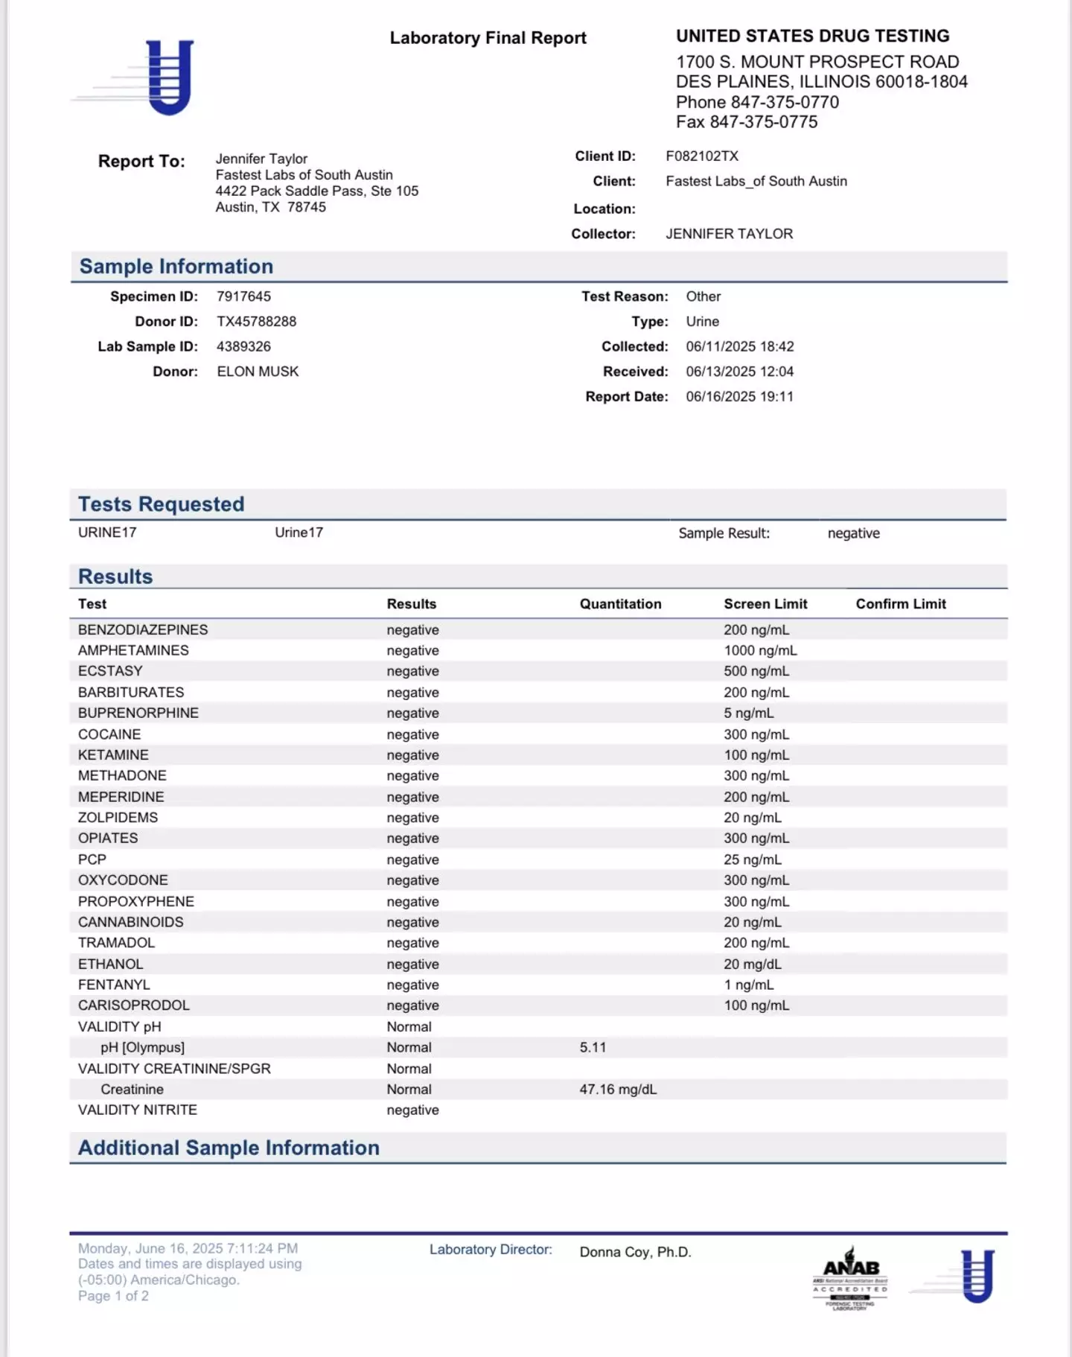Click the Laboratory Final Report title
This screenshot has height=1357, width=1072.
(x=488, y=38)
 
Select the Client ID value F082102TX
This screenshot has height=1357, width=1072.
(x=702, y=156)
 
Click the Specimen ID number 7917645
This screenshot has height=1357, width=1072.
(x=243, y=296)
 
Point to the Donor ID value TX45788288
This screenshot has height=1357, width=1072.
(x=256, y=322)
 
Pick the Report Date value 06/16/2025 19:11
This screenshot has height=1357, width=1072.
(x=739, y=397)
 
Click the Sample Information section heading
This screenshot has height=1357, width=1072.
(x=176, y=267)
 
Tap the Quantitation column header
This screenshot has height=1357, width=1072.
(x=620, y=604)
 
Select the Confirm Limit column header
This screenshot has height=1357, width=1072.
(x=901, y=604)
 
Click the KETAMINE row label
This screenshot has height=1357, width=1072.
(x=113, y=755)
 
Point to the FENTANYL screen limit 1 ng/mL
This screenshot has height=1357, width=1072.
(x=748, y=985)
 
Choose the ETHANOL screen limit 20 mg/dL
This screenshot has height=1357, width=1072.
(x=752, y=964)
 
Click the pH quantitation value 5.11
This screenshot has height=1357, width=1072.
(x=593, y=1047)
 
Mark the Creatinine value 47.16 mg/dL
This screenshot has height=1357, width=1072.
(x=618, y=1089)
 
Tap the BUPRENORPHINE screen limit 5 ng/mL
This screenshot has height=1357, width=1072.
(x=748, y=713)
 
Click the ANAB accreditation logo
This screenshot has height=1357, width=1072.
(x=850, y=1277)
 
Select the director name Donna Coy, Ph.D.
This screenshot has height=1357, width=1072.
(x=635, y=1252)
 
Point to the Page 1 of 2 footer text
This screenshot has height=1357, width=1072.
(x=113, y=1296)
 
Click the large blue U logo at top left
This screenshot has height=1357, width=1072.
(x=169, y=77)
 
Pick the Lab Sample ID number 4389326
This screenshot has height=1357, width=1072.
(x=243, y=347)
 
